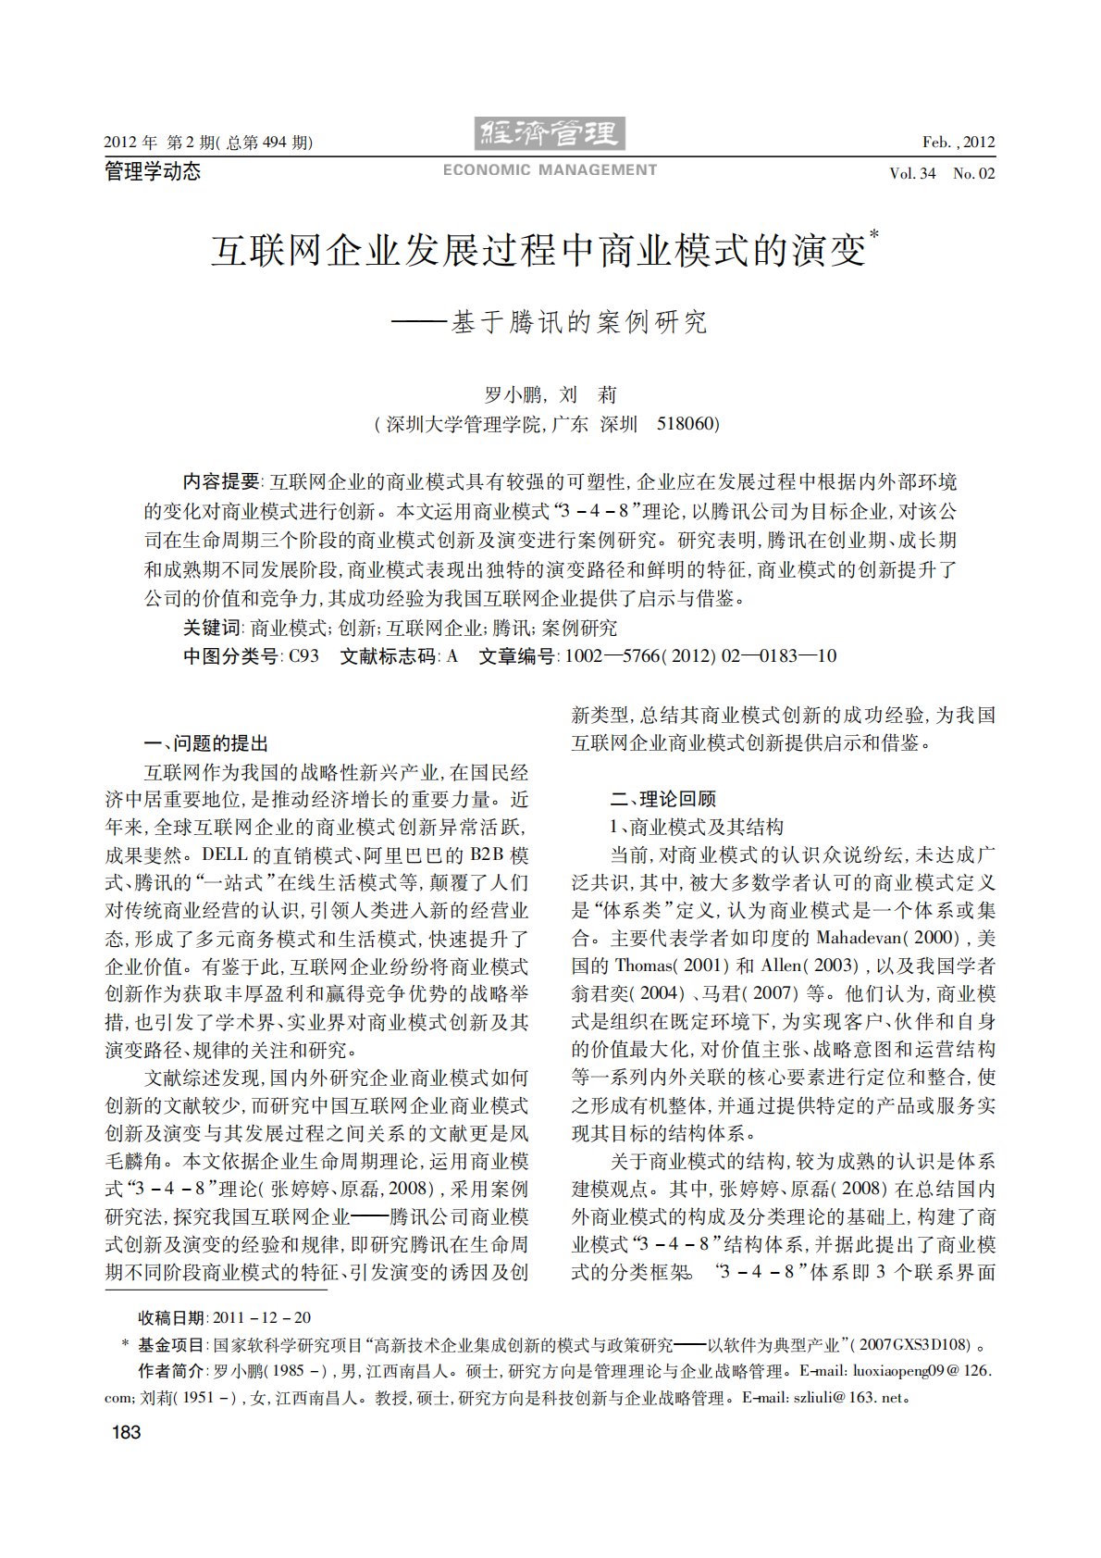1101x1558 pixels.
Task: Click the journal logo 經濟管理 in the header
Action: (550, 135)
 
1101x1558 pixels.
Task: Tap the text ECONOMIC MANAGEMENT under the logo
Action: (550, 170)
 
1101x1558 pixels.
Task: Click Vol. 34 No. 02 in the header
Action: (942, 173)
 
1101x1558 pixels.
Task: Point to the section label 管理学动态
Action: (153, 171)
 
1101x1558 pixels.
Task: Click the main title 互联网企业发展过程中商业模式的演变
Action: (538, 250)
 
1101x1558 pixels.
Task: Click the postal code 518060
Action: (687, 424)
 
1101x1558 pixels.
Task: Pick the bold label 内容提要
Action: (222, 481)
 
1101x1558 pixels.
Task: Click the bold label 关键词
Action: (212, 628)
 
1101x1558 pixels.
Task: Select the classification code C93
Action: (303, 656)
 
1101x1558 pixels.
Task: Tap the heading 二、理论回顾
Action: (662, 799)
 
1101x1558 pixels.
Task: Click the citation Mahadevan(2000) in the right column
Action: (891, 938)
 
